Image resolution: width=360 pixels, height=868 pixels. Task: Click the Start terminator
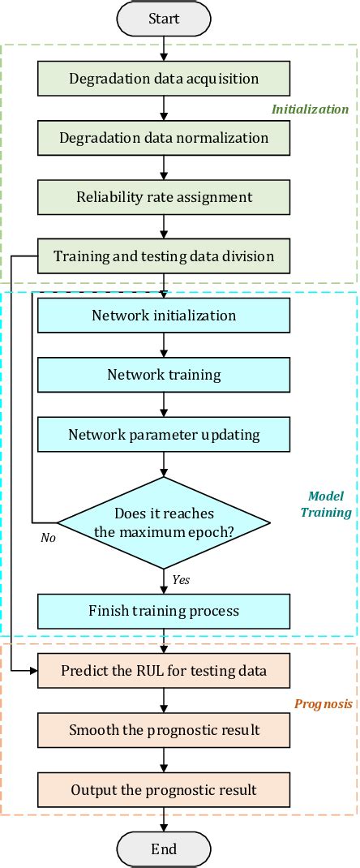coord(164,18)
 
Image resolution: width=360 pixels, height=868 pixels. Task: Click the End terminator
coord(164,849)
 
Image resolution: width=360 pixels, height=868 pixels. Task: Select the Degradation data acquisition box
coord(164,79)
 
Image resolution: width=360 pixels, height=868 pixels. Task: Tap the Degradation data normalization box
coord(164,138)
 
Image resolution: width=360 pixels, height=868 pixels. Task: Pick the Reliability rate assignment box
coord(164,197)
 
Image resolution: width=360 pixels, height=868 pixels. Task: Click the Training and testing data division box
coord(164,256)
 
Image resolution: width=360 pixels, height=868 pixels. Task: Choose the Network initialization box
coord(164,316)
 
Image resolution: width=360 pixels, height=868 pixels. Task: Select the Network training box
coord(164,375)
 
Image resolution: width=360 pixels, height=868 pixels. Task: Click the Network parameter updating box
coord(164,434)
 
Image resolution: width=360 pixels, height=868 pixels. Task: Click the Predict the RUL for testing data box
coord(164,671)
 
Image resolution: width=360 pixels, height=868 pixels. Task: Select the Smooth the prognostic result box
coord(164,730)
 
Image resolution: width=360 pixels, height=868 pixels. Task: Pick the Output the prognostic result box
coord(164,789)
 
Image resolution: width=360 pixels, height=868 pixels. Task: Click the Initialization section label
coord(310,109)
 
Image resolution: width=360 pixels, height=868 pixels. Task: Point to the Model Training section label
coord(326,504)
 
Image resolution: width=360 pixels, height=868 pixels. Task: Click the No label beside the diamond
coord(48,538)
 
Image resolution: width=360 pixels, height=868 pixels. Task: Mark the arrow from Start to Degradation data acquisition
coord(164,49)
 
